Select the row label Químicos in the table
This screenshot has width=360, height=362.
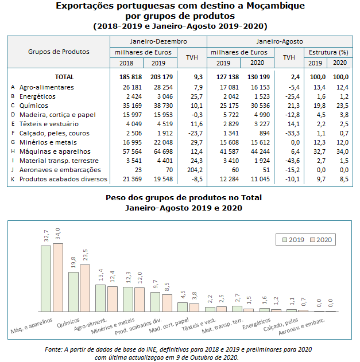33,106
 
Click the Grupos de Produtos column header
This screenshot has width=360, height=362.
59,52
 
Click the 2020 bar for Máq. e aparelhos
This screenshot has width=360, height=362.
58,277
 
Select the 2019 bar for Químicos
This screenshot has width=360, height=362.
73,291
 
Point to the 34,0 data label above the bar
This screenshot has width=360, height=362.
58,234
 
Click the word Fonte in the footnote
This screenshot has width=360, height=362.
53,349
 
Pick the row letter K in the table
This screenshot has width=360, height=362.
12,179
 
